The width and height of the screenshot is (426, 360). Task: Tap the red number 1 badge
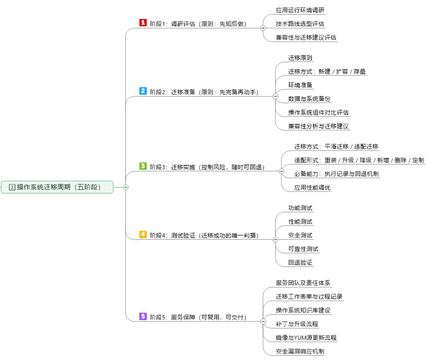coord(143,23)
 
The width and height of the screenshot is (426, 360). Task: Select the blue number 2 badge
coord(143,91)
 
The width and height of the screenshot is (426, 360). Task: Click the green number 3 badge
coord(143,166)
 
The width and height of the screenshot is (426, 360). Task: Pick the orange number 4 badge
coord(143,234)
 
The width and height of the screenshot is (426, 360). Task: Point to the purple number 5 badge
coord(143,316)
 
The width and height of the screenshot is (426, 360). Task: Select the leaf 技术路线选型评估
coord(300,24)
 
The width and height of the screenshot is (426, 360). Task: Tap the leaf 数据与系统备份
coord(309,98)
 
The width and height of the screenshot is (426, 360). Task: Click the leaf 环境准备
coord(300,85)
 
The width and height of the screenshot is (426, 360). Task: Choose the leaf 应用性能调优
coord(312,187)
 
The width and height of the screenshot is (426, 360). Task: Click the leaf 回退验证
coord(300,262)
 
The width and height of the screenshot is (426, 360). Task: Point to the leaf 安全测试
coord(300,235)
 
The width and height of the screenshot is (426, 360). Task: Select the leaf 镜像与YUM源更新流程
coord(306,337)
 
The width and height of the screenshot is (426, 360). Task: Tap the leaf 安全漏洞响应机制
coord(300,351)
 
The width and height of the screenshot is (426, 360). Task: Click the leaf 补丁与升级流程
coord(297,324)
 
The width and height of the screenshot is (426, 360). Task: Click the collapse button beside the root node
coord(126,187)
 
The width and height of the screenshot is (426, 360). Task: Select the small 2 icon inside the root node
coord(12,187)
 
